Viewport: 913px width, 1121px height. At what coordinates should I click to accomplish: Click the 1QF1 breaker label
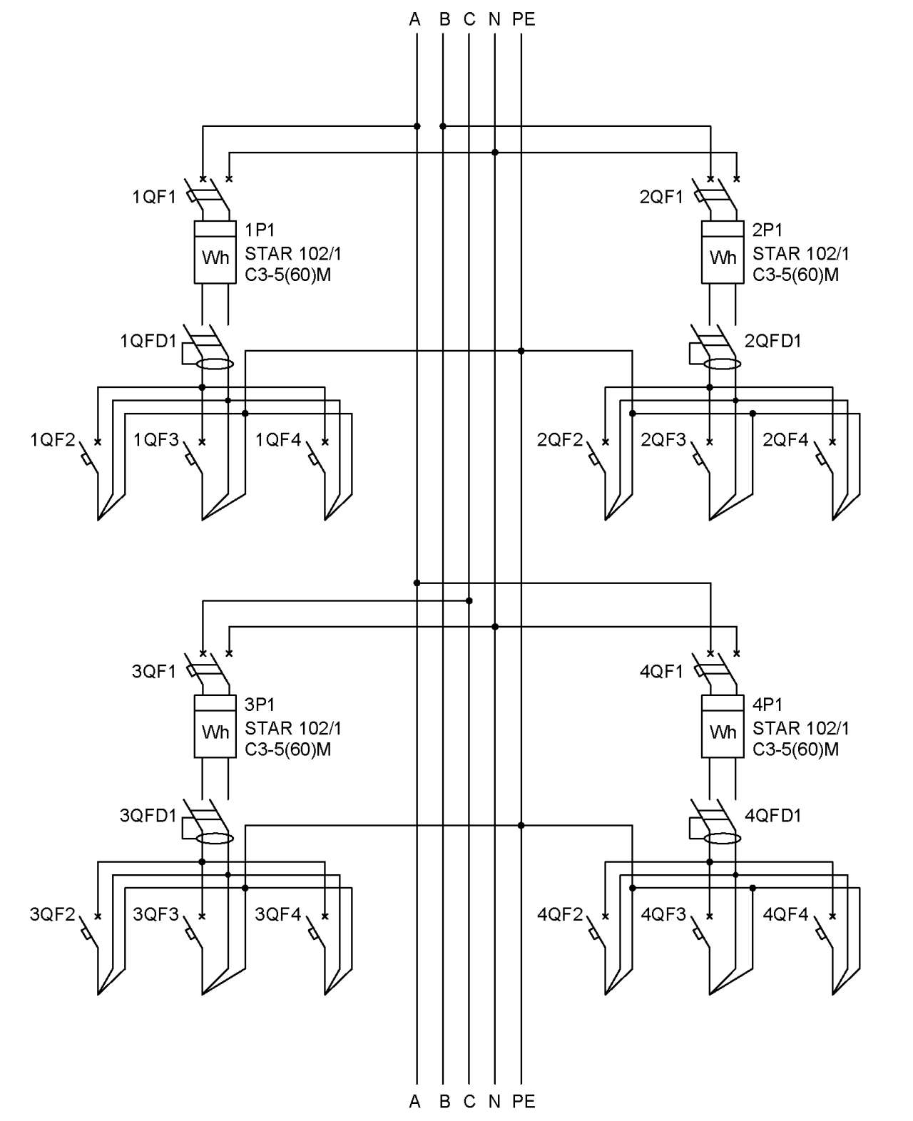(x=153, y=198)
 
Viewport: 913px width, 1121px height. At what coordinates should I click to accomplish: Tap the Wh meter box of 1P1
(x=215, y=252)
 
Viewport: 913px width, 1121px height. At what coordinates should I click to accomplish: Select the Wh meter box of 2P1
(x=723, y=252)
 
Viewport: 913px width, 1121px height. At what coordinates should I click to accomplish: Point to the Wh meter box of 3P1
(x=215, y=726)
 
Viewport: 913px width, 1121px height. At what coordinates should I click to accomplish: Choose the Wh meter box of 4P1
(x=723, y=726)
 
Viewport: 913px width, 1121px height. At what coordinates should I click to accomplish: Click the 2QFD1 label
(x=772, y=341)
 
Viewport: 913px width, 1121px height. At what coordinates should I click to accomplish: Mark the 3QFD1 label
(x=148, y=815)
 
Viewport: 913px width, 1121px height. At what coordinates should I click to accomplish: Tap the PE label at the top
(x=524, y=19)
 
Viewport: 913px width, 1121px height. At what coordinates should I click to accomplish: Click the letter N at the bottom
(x=494, y=1102)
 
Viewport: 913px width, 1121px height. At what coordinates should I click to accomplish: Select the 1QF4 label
(x=278, y=439)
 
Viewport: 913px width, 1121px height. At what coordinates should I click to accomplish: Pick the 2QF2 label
(x=560, y=439)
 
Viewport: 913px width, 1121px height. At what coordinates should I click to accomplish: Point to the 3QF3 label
(x=155, y=914)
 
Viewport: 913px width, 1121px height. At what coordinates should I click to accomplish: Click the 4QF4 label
(x=785, y=914)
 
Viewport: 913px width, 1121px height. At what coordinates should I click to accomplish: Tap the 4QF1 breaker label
(x=661, y=672)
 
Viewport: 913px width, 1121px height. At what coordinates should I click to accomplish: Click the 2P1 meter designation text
(x=767, y=230)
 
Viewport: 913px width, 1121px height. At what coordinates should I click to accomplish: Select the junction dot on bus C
(x=469, y=600)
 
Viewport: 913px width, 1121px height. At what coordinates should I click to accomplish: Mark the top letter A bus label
(x=414, y=19)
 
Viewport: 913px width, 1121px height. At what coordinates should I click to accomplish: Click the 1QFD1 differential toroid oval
(x=215, y=364)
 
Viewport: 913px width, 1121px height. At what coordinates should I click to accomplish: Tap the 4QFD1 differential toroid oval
(x=723, y=839)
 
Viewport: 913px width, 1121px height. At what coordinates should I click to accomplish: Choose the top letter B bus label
(x=444, y=19)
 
